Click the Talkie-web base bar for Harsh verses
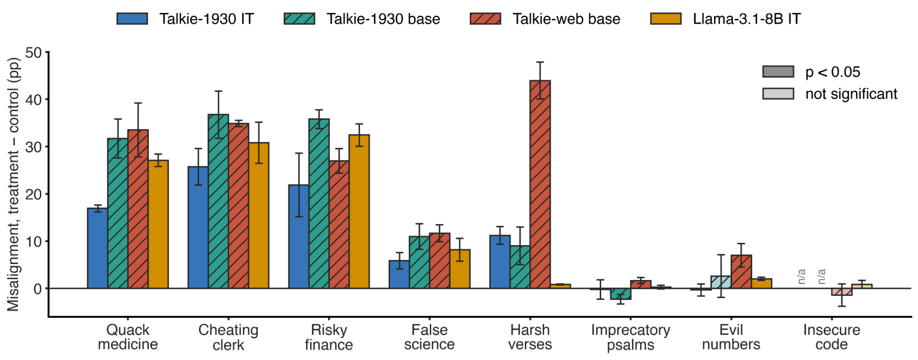[540, 184]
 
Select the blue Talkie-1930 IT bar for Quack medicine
[97, 248]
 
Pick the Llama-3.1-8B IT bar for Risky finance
[359, 211]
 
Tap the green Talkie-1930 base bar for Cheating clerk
[218, 201]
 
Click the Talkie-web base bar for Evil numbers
[741, 271]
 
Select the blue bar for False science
[399, 275]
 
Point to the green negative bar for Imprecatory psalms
[620, 294]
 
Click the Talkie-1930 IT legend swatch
[132, 19]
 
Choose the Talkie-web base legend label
[566, 19]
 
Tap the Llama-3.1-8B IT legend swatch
[666, 19]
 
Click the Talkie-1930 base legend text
[383, 19]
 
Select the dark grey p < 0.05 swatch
[778, 72]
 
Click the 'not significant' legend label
[851, 94]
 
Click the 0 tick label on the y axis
[38, 289]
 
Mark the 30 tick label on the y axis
[34, 147]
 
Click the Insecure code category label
[831, 337]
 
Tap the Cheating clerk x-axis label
[228, 337]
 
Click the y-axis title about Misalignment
[14, 184]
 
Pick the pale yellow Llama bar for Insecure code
[862, 286]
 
